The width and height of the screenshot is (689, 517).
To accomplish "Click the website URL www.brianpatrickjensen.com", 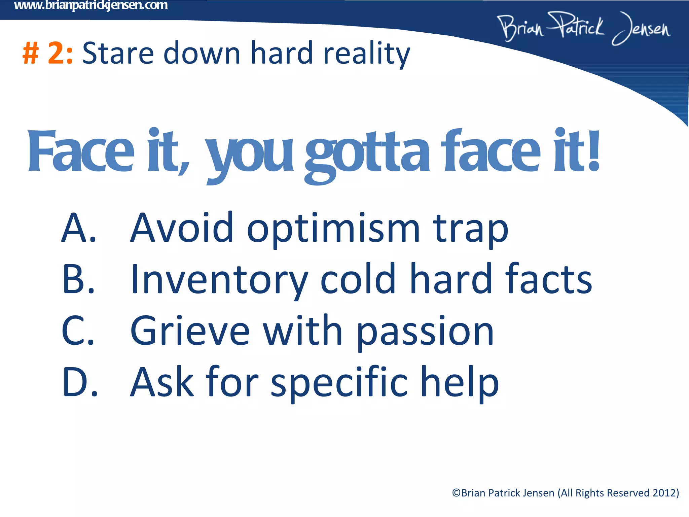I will [91, 5].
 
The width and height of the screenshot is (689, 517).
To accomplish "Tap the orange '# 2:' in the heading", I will [47, 53].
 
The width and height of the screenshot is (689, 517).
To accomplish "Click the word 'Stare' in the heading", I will [118, 53].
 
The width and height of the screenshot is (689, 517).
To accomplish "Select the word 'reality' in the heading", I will [366, 54].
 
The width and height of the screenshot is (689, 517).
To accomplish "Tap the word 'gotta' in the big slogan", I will [367, 153].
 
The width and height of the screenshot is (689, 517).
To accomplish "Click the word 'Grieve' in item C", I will [190, 331].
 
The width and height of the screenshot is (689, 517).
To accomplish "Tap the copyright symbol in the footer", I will [456, 493].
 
